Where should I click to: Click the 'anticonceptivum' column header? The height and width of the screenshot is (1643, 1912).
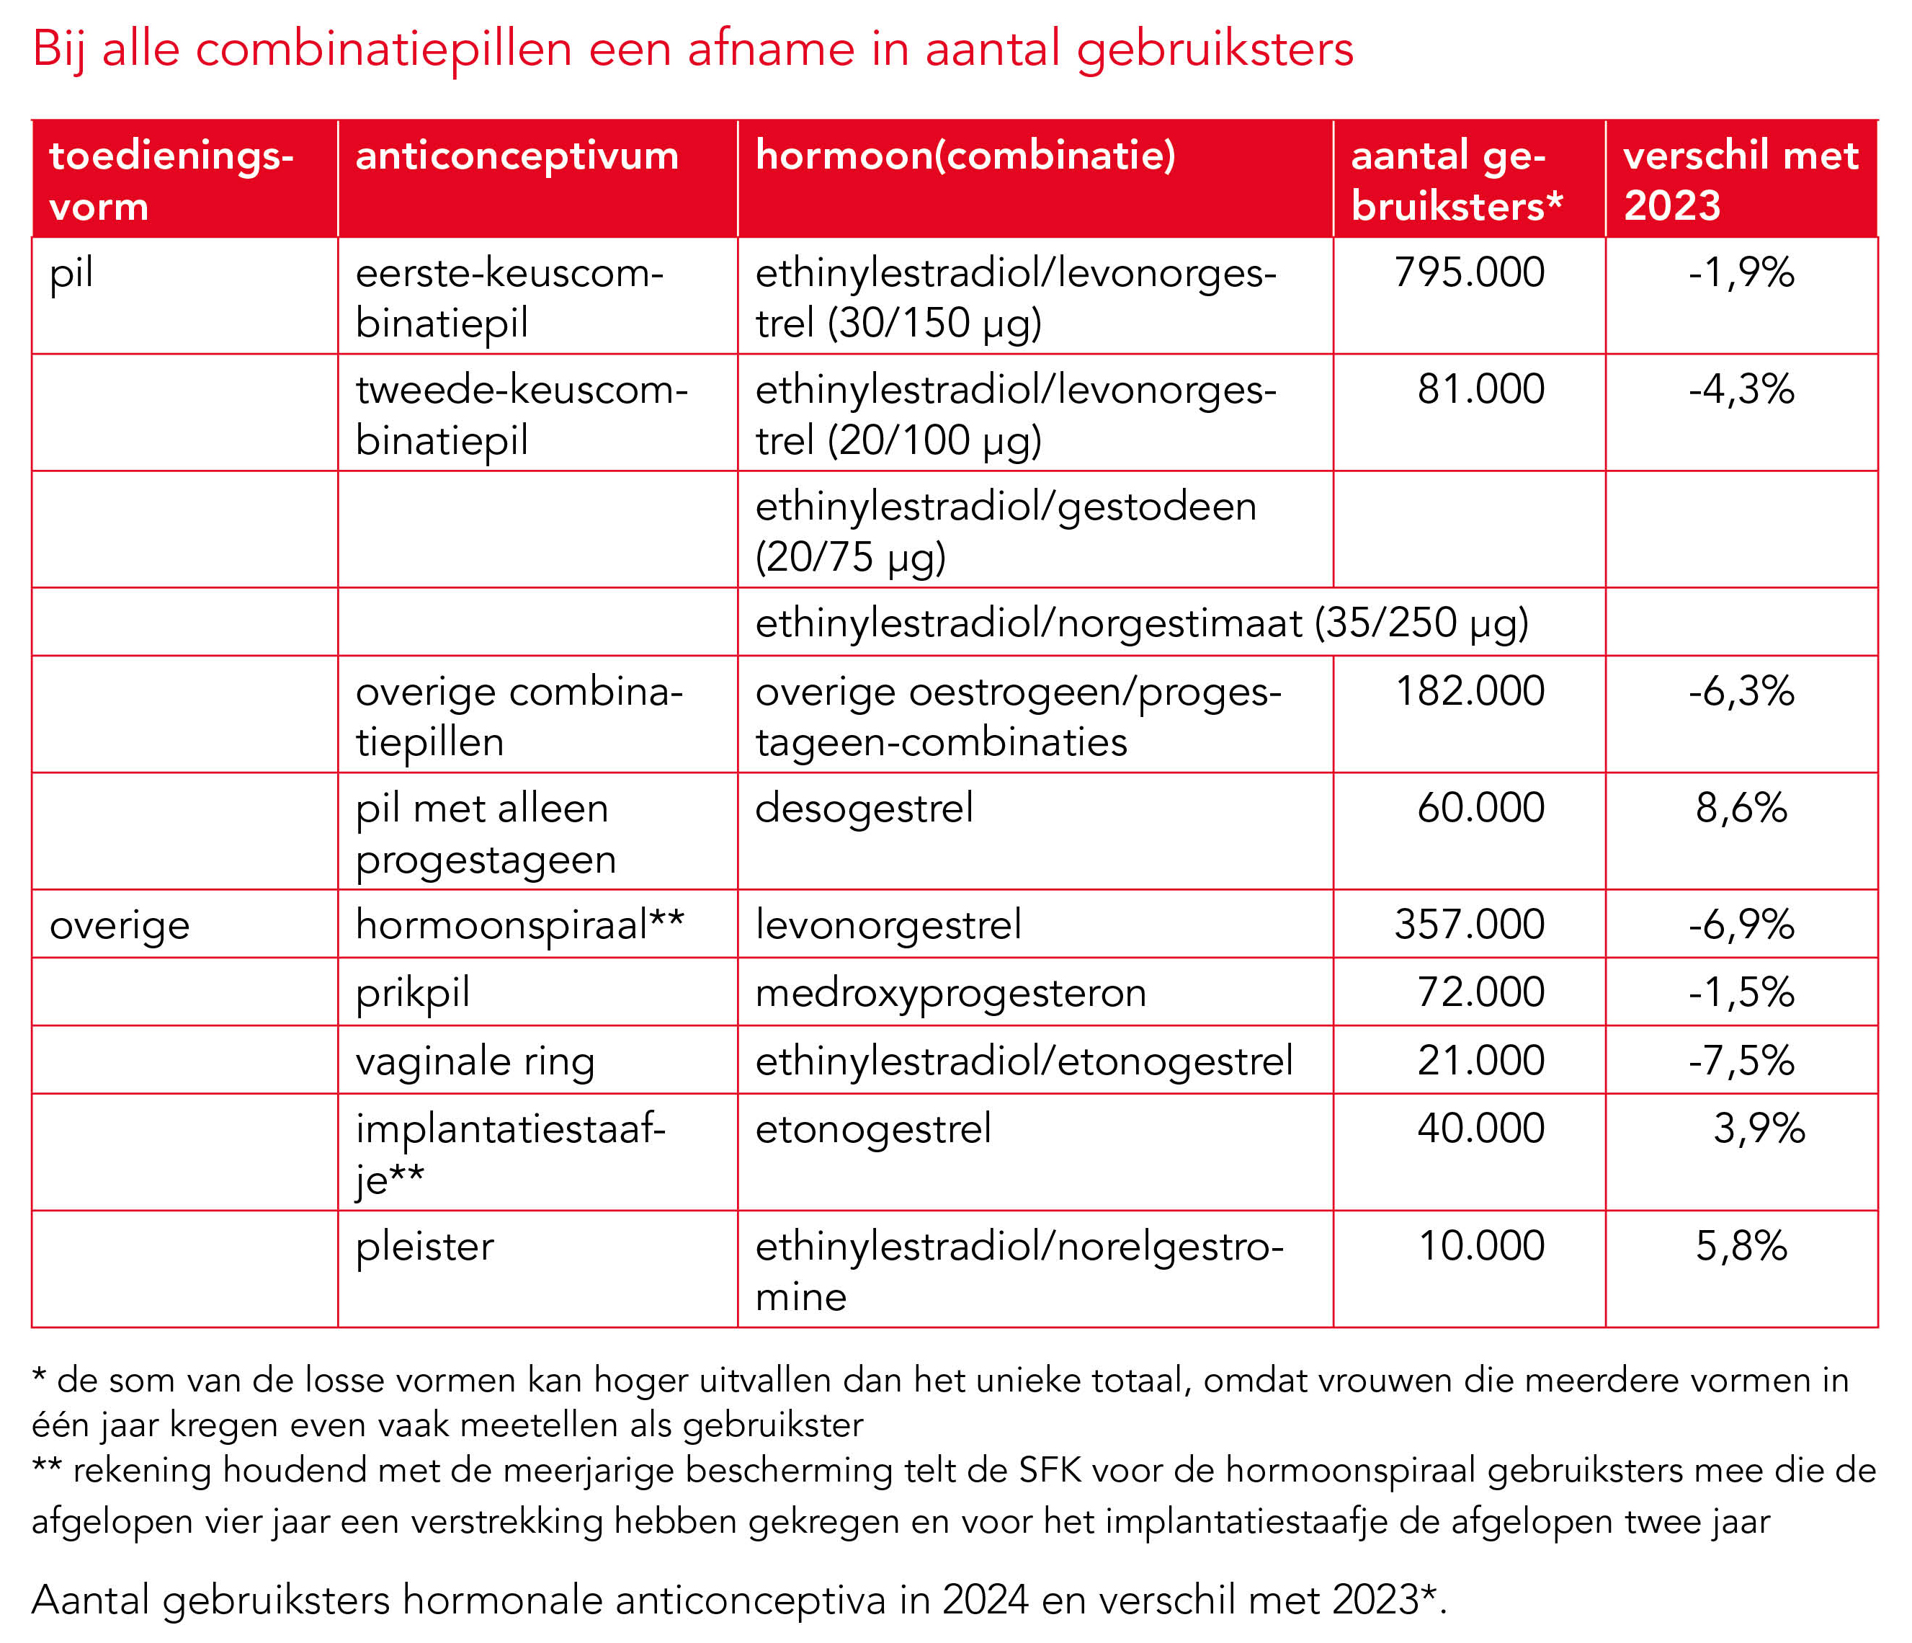tap(517, 156)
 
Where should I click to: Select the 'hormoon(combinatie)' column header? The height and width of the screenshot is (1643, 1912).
tap(965, 156)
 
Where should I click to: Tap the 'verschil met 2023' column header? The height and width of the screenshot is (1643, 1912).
tap(1741, 180)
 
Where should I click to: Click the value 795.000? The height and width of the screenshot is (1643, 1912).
tap(1469, 273)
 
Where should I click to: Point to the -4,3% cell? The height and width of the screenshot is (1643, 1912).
tap(1741, 390)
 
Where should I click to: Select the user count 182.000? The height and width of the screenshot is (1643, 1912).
tap(1469, 691)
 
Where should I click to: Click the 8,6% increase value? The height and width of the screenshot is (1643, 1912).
tap(1741, 809)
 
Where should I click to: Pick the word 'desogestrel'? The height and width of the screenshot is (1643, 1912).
tap(864, 809)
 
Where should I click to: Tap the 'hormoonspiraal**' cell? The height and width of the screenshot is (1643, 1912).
tap(519, 925)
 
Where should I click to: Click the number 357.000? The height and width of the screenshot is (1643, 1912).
tap(1469, 925)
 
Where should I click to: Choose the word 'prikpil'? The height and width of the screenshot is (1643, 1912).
tap(413, 993)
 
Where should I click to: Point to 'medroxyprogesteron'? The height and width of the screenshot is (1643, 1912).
tap(950, 993)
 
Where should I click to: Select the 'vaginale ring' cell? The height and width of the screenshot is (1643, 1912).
tap(475, 1061)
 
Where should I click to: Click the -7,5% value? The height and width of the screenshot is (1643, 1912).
tap(1741, 1061)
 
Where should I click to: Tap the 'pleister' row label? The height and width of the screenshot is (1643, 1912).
tap(424, 1247)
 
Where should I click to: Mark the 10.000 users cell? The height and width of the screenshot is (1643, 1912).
tap(1481, 1247)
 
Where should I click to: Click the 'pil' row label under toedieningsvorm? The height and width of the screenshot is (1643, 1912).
tap(71, 273)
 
